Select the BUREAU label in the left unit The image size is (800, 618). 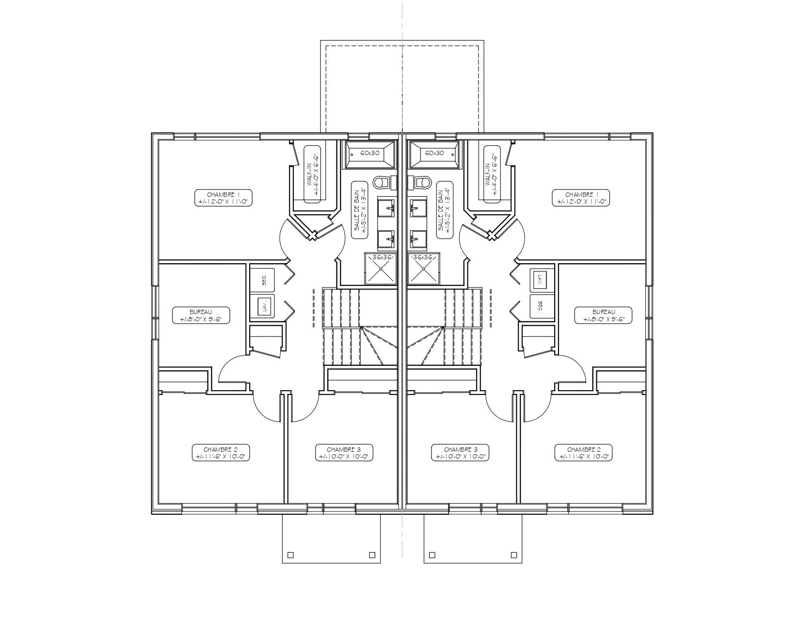click(201, 315)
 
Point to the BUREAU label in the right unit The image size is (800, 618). click(604, 315)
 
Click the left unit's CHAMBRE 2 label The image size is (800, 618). click(220, 453)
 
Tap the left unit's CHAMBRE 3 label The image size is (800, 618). click(343, 453)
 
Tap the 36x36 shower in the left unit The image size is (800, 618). click(381, 268)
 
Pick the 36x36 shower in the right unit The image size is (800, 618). click(423, 268)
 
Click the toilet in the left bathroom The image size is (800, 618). click(382, 182)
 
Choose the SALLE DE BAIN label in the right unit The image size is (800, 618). click(443, 210)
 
